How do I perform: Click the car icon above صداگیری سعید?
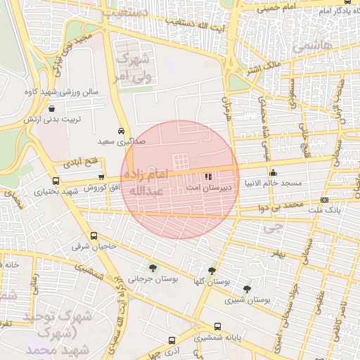click(122, 131)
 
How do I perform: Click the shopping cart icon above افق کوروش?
click(103, 177)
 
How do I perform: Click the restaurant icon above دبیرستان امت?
click(207, 177)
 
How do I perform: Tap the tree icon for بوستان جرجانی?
click(153, 267)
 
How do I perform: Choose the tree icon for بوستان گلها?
click(212, 271)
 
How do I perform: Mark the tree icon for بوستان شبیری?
click(246, 288)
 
